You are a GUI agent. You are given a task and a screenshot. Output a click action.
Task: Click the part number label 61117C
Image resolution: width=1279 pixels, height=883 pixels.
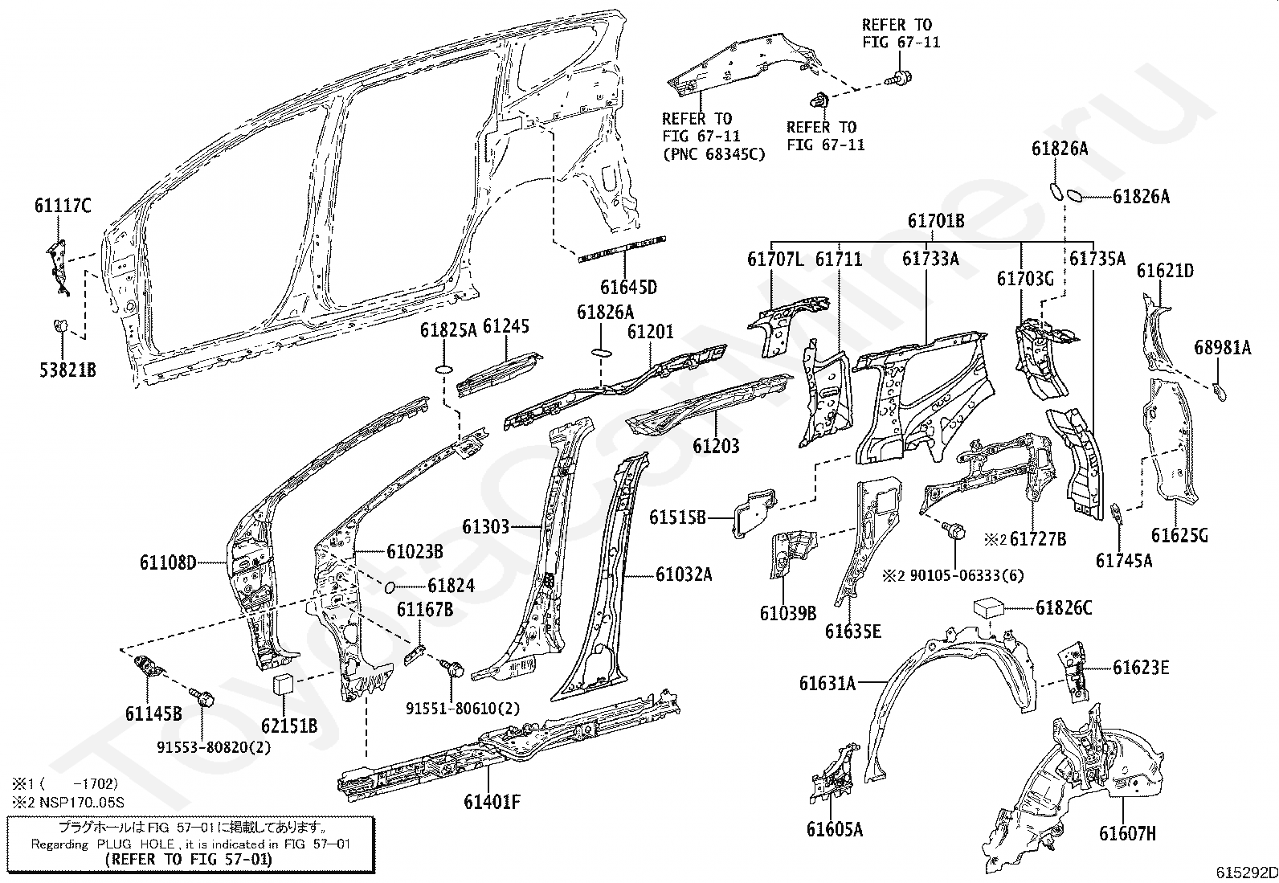pyautogui.click(x=63, y=205)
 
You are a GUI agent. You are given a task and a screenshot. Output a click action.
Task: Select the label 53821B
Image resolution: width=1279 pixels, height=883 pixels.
pyautogui.click(x=68, y=370)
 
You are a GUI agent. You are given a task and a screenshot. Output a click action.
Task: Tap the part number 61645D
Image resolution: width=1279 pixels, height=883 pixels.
pyautogui.click(x=628, y=287)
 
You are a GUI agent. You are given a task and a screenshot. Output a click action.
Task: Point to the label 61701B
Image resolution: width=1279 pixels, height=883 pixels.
pyautogui.click(x=937, y=220)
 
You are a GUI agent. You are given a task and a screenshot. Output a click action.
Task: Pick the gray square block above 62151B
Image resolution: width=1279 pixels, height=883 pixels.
pyautogui.click(x=284, y=685)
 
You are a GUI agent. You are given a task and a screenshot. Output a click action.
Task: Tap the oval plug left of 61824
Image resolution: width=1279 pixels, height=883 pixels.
pyautogui.click(x=390, y=587)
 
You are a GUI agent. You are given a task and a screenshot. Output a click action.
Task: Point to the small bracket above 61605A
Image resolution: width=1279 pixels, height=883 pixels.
pyautogui.click(x=834, y=774)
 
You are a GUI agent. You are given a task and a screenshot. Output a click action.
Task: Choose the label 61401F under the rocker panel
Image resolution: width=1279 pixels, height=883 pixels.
pyautogui.click(x=492, y=802)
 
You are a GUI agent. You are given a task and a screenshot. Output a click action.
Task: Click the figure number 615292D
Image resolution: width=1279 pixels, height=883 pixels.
pyautogui.click(x=1246, y=873)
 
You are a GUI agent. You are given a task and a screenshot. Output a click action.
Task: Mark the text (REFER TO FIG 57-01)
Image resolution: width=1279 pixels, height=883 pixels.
pyautogui.click(x=189, y=859)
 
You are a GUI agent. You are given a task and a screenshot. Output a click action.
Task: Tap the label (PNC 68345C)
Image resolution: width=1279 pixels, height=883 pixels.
pyautogui.click(x=713, y=154)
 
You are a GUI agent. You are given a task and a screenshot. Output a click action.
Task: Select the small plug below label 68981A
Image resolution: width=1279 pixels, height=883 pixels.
pyautogui.click(x=1219, y=392)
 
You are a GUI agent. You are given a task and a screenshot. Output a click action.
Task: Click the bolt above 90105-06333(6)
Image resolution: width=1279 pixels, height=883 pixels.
pyautogui.click(x=954, y=530)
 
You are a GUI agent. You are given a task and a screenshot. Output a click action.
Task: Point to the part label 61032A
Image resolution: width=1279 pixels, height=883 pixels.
pyautogui.click(x=684, y=574)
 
